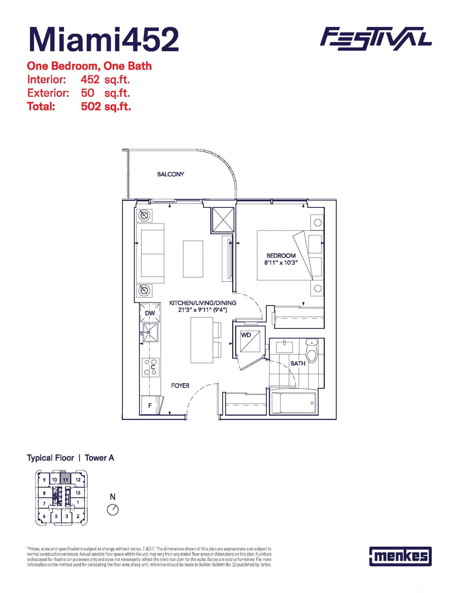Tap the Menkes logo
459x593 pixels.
(400, 556)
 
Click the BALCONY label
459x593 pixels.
(171, 174)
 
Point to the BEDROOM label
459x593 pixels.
(281, 256)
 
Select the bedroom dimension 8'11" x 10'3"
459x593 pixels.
(281, 263)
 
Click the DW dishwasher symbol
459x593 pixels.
(150, 313)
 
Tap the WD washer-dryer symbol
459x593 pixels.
(250, 341)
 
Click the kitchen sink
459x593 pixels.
(150, 332)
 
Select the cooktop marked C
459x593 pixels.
(151, 367)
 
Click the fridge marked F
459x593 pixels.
(150, 405)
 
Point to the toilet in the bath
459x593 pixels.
(312, 351)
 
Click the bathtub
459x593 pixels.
(294, 403)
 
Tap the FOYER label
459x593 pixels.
(180, 386)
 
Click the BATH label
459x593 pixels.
(298, 364)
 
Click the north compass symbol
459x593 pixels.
(113, 510)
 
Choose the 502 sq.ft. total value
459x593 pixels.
(106, 106)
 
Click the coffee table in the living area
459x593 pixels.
(193, 259)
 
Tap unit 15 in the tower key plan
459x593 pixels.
(78, 493)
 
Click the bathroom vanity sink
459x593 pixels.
(284, 347)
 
